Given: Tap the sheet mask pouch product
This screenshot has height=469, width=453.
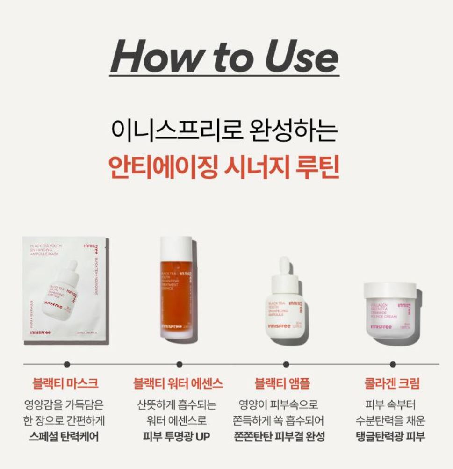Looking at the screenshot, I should [x=65, y=290].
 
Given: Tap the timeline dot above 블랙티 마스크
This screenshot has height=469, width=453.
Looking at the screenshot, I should [x=67, y=364].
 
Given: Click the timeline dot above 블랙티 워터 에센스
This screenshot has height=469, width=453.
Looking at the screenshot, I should [x=179, y=364].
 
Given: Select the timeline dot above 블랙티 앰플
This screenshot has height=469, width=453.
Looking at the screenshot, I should [x=286, y=364].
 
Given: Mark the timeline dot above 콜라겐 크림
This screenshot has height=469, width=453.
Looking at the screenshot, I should [x=393, y=364].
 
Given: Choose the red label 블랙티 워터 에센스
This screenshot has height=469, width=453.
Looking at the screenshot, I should [x=178, y=384].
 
